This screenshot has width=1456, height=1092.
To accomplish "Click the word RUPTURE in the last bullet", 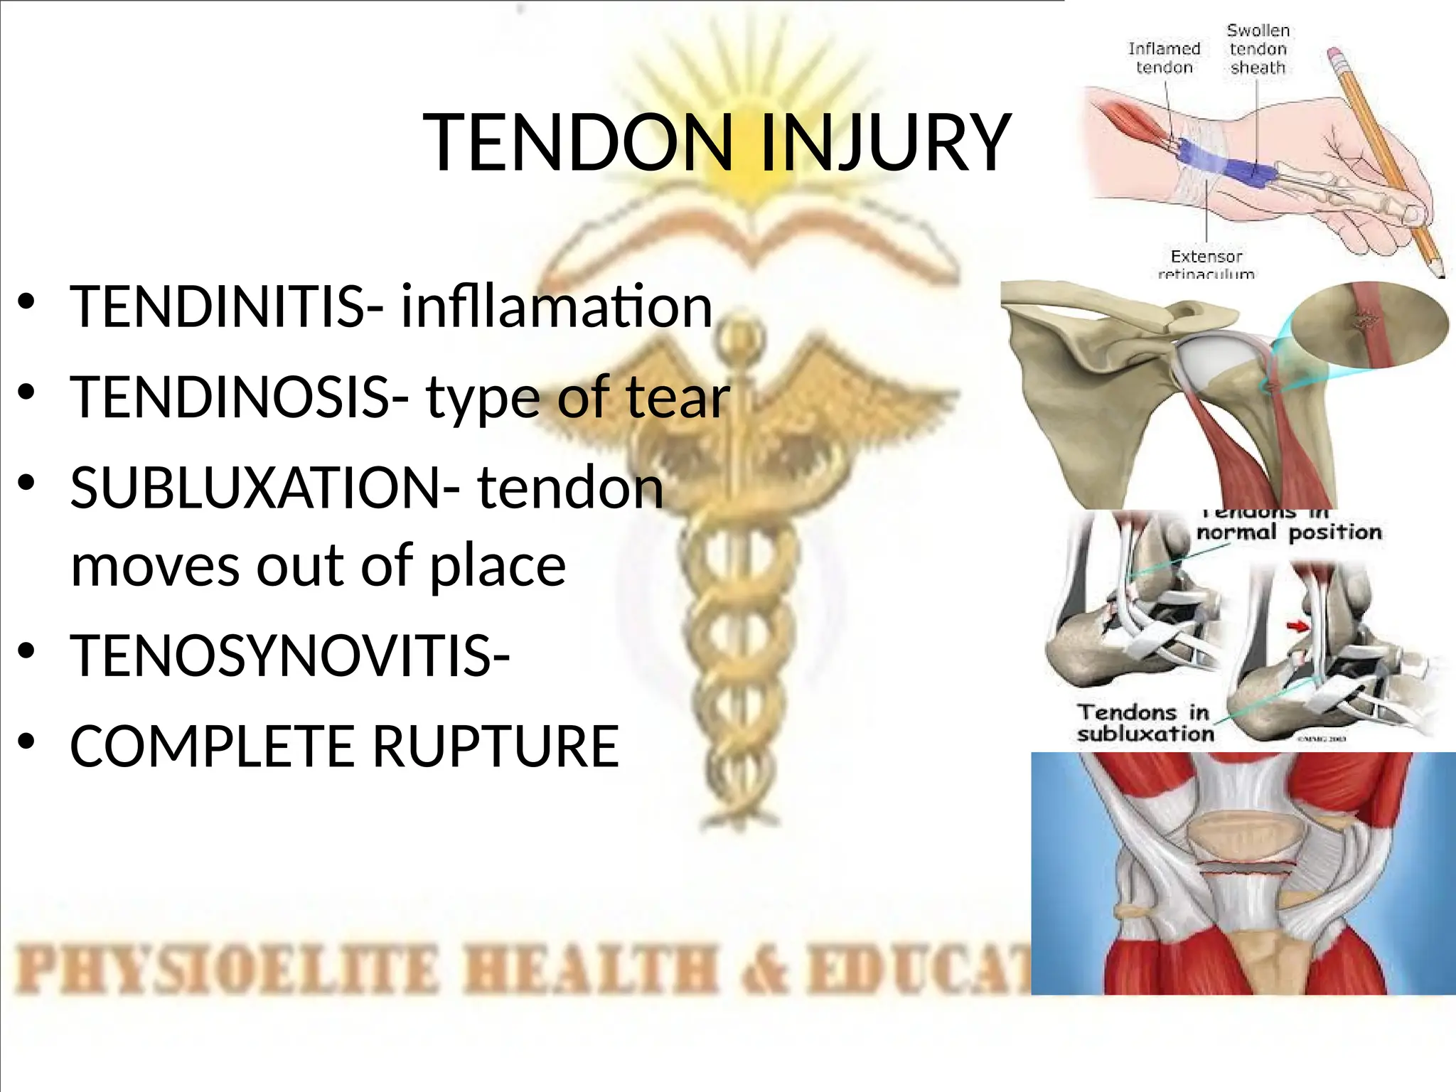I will (x=496, y=746).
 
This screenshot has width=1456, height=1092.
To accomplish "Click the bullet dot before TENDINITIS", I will (x=27, y=301).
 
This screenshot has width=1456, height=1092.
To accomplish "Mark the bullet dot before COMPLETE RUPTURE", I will (x=27, y=742).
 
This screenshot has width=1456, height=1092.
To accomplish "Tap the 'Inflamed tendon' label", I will (x=1164, y=58).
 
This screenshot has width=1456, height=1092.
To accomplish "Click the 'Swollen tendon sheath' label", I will (x=1258, y=49).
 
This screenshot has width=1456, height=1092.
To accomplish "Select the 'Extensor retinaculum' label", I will (x=1206, y=264).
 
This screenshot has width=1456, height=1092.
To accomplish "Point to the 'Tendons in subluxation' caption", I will (x=1145, y=722).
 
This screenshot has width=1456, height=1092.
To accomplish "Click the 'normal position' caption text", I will (x=1288, y=532).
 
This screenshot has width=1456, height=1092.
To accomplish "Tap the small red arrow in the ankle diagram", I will (x=1298, y=626).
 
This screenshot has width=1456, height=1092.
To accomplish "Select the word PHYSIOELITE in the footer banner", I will (x=227, y=970).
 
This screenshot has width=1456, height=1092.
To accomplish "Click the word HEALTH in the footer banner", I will (x=590, y=970).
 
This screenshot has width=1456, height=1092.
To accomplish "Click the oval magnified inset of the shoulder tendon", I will (x=1369, y=325).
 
